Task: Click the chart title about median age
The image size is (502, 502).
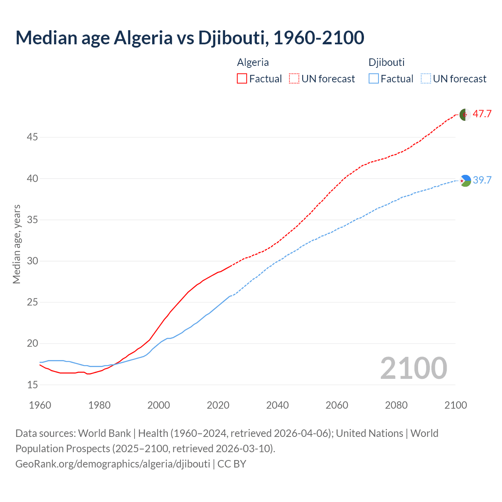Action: click(190, 38)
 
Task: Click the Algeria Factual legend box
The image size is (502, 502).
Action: click(242, 79)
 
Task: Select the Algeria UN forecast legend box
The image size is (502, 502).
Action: click(294, 79)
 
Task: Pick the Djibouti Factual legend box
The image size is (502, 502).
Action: click(374, 79)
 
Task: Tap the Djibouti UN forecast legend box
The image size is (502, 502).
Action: click(426, 79)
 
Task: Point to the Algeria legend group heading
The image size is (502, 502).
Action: click(253, 62)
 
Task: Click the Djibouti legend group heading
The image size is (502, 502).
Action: click(386, 62)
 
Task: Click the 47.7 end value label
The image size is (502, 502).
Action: click(482, 114)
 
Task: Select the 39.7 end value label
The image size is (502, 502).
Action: click(482, 180)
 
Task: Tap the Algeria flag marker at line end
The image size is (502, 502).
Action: click(465, 115)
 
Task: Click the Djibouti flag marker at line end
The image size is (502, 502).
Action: click(465, 181)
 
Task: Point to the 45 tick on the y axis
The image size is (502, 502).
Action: click(32, 137)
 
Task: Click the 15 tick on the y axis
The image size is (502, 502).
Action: click(32, 385)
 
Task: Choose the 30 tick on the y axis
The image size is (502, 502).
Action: click(32, 261)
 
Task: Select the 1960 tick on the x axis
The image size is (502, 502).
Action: click(40, 405)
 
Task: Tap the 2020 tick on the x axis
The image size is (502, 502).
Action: click(218, 405)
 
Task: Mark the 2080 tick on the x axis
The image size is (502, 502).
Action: click(396, 405)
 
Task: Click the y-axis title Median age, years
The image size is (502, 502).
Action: click(16, 244)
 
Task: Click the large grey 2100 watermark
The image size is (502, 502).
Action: click(413, 368)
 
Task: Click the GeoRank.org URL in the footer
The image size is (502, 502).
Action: click(113, 464)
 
